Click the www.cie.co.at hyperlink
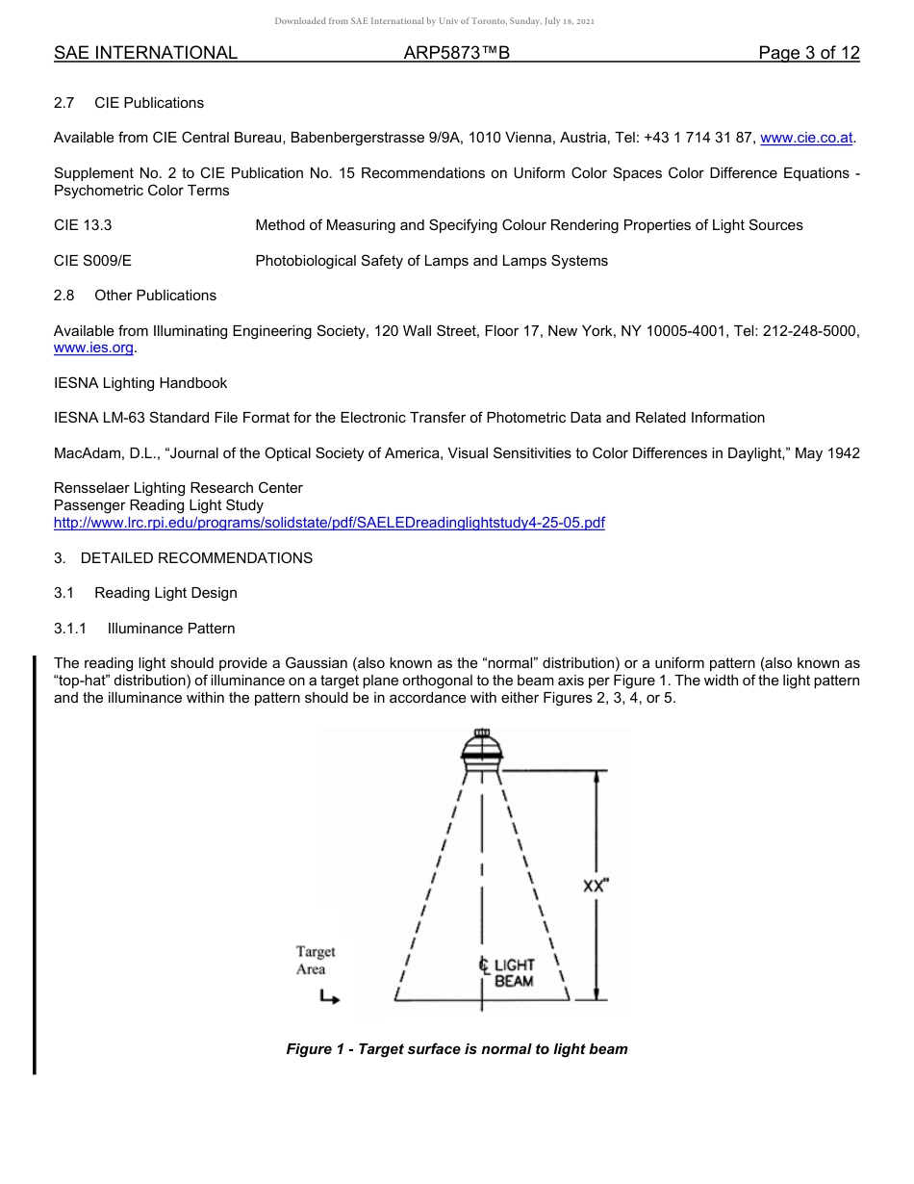click(806, 138)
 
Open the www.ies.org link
click(94, 347)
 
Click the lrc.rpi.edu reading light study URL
click(329, 523)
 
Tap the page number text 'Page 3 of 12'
click(808, 53)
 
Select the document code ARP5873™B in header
click(456, 53)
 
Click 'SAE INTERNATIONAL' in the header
click(145, 53)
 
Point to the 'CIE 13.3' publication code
click(83, 225)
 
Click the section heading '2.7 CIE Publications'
click(129, 103)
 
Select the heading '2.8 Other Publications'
click(135, 296)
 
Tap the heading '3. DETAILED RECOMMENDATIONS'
click(183, 558)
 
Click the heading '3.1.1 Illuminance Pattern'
click(144, 629)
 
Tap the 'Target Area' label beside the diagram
click(315, 961)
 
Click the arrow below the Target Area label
click(329, 999)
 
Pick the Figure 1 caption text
click(456, 1049)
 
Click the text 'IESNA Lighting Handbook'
click(140, 383)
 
